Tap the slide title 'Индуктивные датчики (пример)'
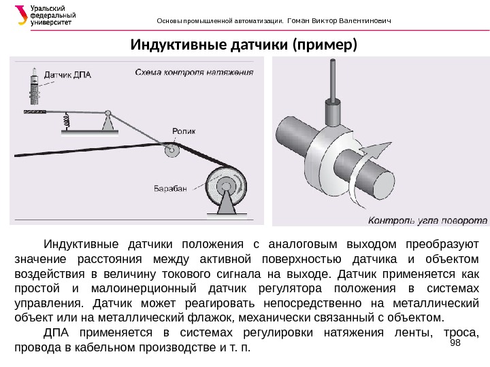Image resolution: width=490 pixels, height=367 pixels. (243, 46)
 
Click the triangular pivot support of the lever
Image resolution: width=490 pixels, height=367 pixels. (107, 122)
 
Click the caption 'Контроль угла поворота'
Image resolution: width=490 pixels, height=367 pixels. (427, 220)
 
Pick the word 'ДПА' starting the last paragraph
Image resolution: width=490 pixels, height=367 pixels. (57, 332)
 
